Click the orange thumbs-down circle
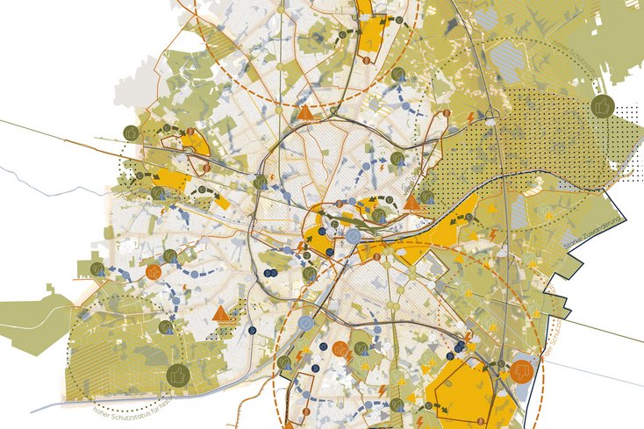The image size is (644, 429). (x=521, y=371)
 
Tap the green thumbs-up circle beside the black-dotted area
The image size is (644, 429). (x=602, y=106)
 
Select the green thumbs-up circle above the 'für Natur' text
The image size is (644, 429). (x=178, y=375)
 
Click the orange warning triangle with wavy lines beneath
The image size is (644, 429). (x=220, y=313)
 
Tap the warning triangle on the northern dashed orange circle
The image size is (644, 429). (x=305, y=113)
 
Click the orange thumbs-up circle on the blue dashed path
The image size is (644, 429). (x=154, y=272)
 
